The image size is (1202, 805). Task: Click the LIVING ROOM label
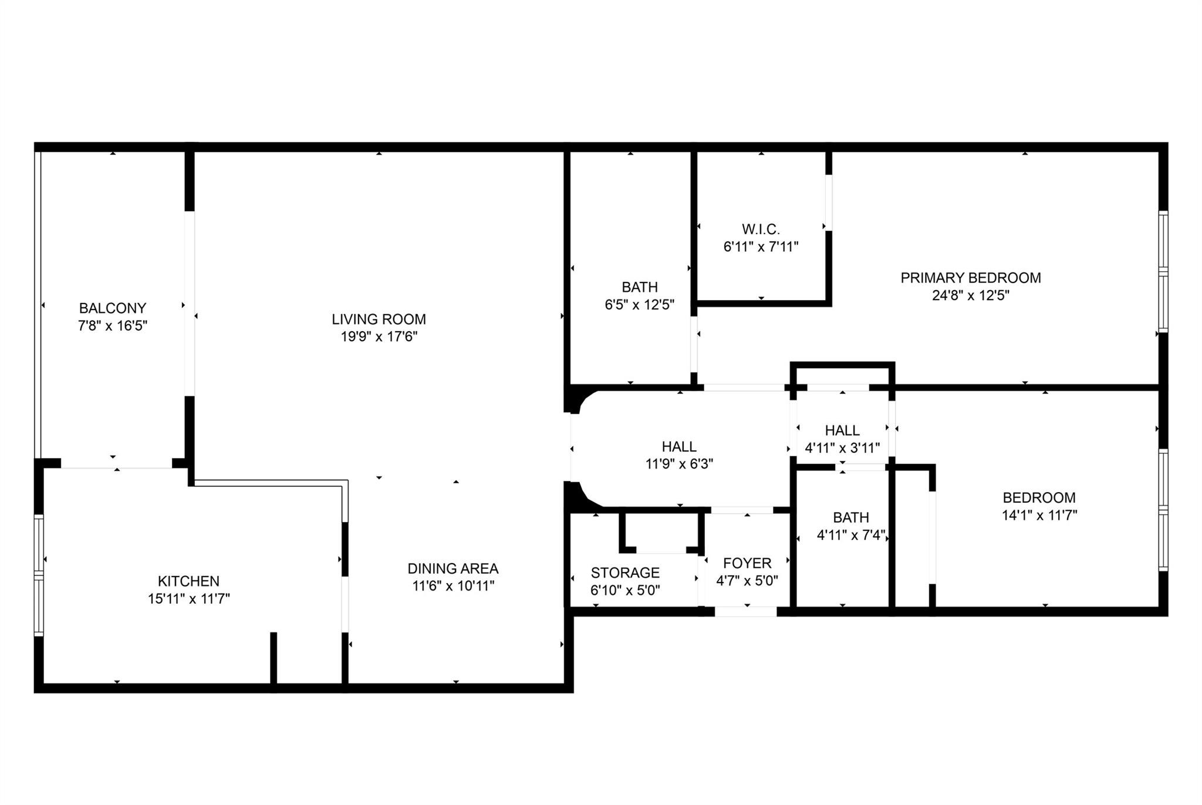tap(379, 319)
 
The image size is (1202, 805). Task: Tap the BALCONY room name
tap(112, 308)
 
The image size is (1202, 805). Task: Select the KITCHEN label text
tap(188, 581)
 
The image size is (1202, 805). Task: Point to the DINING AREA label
tap(453, 568)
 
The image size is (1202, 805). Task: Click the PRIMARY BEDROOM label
tap(970, 278)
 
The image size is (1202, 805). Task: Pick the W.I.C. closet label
tap(761, 229)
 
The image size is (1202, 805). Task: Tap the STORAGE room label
tap(625, 572)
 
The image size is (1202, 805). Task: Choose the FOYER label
tap(747, 564)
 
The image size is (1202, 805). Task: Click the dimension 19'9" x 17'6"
tap(379, 337)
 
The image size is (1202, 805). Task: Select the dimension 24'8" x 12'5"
tap(970, 295)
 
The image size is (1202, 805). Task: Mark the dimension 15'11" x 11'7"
tap(188, 599)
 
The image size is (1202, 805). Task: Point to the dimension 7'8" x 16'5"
tap(112, 326)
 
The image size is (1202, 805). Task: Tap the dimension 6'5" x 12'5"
tap(639, 305)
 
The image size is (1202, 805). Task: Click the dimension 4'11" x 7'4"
tap(850, 535)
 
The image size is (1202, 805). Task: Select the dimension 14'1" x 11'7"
tap(1039, 516)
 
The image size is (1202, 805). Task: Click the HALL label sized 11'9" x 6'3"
tap(679, 447)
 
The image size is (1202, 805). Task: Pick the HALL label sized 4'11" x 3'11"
tap(842, 430)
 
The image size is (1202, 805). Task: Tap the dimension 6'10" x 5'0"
tap(625, 590)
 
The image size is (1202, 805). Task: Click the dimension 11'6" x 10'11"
tap(453, 586)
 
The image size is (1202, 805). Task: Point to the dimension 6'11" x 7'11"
tap(761, 247)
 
